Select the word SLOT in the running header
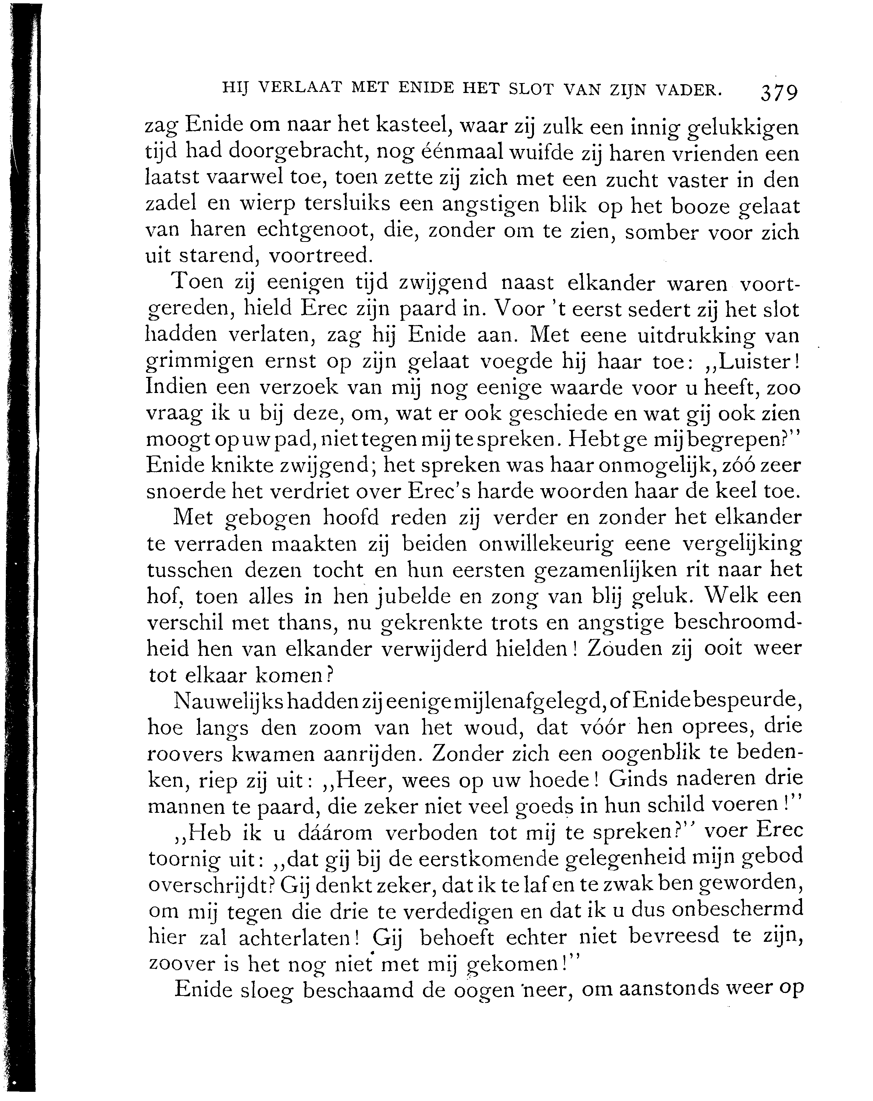531,89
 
